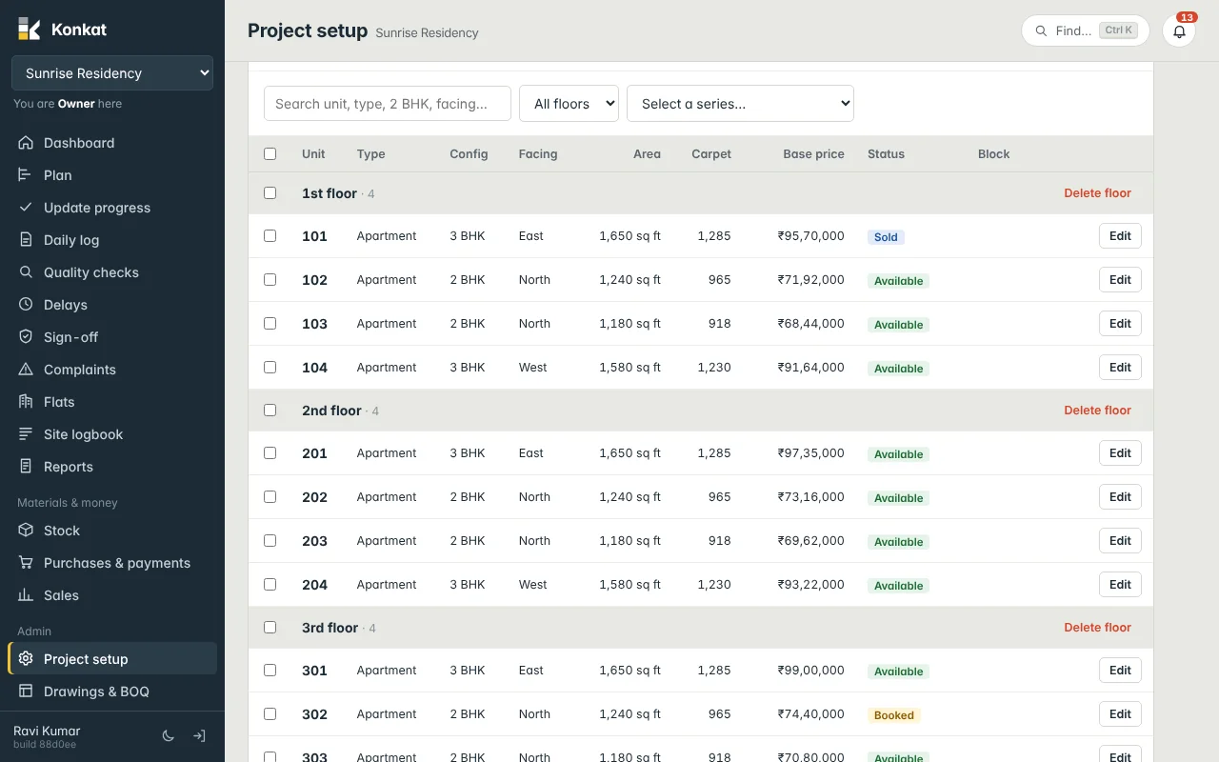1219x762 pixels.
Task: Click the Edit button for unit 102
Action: [1119, 280]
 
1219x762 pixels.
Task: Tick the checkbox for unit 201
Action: [270, 452]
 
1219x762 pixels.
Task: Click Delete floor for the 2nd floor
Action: [1097, 410]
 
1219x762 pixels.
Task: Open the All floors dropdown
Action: [569, 104]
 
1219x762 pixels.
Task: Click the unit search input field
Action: [387, 104]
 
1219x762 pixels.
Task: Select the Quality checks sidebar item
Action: [90, 272]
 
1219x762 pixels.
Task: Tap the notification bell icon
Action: [1179, 31]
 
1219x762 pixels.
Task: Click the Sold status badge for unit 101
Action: [886, 237]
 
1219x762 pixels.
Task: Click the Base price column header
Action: [813, 154]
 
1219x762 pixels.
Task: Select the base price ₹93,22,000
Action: [810, 585]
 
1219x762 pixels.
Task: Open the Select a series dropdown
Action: [740, 104]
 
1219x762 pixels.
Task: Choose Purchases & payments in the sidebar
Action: [116, 563]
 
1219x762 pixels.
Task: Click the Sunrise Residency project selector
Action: [112, 73]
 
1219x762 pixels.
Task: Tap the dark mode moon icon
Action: [169, 736]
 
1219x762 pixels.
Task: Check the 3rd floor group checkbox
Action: [270, 627]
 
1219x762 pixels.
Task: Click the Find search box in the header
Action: [1085, 30]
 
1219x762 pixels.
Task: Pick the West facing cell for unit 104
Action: [532, 368]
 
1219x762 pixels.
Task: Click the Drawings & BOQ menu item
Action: [96, 692]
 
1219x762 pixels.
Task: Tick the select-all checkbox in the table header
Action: [270, 153]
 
